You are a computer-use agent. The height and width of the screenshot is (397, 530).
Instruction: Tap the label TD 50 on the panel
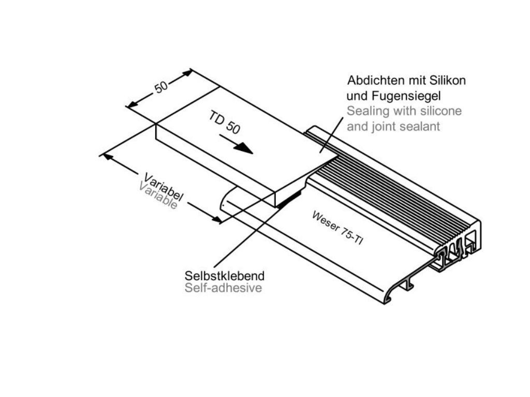pos(225,123)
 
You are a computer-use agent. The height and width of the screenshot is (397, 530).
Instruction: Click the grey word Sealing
pos(365,111)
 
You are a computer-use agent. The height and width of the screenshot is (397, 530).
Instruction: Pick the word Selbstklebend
pos(225,275)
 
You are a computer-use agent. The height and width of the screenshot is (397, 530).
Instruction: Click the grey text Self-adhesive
pos(223,288)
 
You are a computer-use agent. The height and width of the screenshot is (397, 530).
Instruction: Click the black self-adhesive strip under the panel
pos(290,197)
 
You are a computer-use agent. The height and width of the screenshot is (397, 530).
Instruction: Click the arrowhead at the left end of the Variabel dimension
pos(105,155)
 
